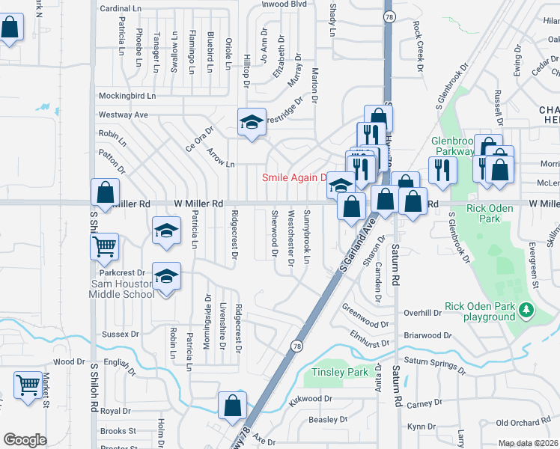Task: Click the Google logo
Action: tap(25, 440)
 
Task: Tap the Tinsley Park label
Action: tap(340, 372)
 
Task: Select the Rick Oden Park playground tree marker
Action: tap(526, 309)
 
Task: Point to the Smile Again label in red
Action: tap(294, 178)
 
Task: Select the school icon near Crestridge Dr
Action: tap(252, 122)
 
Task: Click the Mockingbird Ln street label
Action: tap(127, 97)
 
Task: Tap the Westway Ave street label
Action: tap(124, 114)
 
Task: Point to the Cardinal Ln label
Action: tap(121, 8)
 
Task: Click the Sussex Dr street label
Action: tap(121, 335)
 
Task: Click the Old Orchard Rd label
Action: tap(523, 424)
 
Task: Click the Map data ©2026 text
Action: tap(529, 443)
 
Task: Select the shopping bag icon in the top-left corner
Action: tap(10, 28)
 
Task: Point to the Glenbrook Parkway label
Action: tap(454, 146)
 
